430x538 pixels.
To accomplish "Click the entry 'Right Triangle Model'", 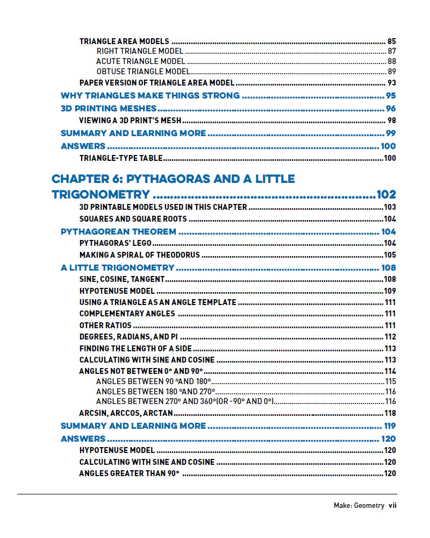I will click(x=140, y=51).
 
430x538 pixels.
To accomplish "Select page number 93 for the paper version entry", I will click(x=391, y=83).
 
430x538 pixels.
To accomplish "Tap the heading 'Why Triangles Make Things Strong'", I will click(x=150, y=96).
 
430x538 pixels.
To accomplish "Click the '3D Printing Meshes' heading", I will click(x=109, y=109).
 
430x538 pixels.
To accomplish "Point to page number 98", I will click(x=391, y=121).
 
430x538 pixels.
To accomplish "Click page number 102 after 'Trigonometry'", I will click(x=386, y=195).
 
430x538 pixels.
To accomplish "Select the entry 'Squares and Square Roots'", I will click(x=133, y=219).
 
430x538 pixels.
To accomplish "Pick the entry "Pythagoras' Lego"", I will click(x=115, y=243).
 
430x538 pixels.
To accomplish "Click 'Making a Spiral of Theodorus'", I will click(x=139, y=255).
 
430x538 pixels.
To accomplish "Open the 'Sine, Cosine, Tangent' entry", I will click(x=121, y=279).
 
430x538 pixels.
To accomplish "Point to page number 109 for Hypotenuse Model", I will click(x=390, y=291).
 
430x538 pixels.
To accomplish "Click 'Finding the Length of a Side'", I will click(x=135, y=349).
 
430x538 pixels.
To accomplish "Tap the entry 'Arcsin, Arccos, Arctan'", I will click(x=126, y=413).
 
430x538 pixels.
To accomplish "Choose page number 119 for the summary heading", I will click(x=388, y=426).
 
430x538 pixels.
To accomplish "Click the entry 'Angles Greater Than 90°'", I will click(x=129, y=473).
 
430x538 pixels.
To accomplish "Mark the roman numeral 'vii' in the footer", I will click(x=392, y=505).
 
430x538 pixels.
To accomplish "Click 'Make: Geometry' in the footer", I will click(x=359, y=505).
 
